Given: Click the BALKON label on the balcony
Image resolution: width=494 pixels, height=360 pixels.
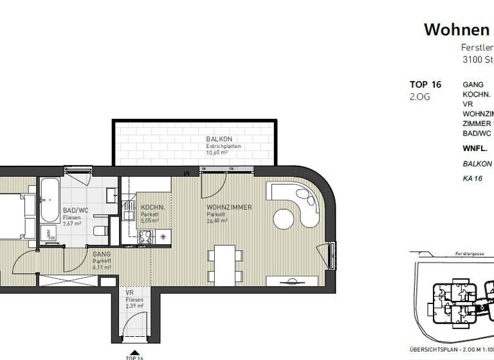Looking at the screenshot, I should coord(219,139).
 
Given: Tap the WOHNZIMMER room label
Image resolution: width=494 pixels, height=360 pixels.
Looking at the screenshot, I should coord(229,208).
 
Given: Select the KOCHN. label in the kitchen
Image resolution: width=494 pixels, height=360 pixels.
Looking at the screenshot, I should coord(153,208).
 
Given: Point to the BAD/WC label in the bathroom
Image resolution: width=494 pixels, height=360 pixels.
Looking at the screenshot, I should coord(75,211).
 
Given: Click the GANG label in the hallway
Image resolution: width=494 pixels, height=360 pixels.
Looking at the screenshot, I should coord(102,255).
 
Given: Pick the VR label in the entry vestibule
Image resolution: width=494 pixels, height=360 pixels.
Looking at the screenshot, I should coord(129,292).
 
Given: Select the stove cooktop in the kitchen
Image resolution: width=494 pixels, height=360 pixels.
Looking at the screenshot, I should coord(145,237).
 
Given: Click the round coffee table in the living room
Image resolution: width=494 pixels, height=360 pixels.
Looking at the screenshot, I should coord(284,218).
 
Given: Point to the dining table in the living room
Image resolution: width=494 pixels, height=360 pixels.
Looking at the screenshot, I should coord(224,264).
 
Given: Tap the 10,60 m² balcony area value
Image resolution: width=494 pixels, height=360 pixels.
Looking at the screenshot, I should coord(217,153).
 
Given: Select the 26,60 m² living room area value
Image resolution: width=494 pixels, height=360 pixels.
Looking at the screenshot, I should coord(217,221).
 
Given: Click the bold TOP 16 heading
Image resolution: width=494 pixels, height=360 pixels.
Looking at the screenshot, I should coord(425,85).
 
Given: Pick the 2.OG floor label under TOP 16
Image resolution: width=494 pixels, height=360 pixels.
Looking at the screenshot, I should coord(419,97).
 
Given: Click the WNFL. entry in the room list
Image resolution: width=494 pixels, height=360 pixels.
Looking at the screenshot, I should coord(475,148).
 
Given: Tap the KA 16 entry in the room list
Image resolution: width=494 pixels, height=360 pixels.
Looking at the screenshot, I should coord(472,178).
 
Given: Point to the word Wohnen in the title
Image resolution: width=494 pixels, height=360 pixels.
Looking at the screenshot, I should coord(456,30).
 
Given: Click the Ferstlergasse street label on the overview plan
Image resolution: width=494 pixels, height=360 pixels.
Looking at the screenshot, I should coord(469,254).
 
